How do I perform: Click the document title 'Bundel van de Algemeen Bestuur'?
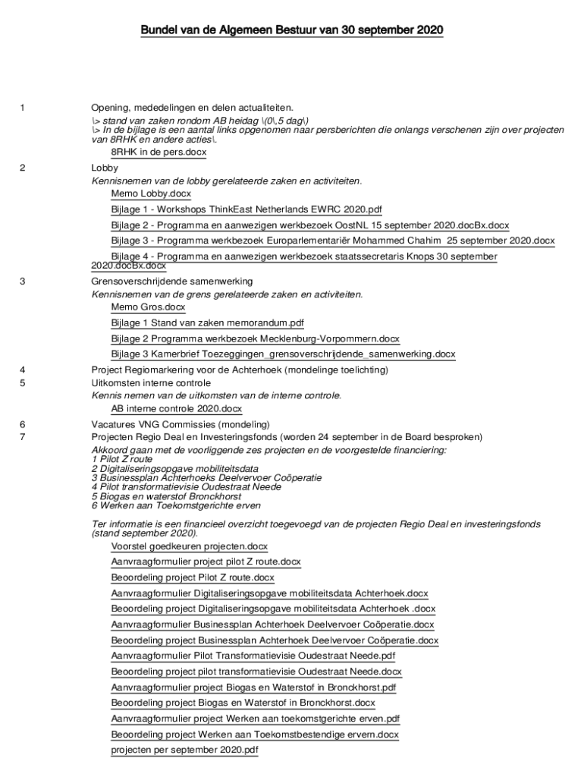(291, 30)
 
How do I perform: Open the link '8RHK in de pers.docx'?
(159, 152)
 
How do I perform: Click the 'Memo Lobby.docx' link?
(151, 194)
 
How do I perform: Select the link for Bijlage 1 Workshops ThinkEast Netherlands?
(246, 209)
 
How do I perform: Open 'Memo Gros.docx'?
(148, 307)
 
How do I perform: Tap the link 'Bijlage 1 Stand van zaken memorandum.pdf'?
(207, 323)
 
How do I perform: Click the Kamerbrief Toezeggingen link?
(283, 354)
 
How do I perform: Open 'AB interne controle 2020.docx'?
(177, 409)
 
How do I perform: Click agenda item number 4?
(23, 370)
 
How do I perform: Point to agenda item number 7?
(23, 437)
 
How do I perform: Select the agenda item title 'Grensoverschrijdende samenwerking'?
(172, 282)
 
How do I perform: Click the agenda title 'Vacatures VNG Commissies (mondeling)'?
(181, 424)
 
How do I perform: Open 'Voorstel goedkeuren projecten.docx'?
(189, 546)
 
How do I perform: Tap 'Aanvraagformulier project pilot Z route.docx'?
(206, 562)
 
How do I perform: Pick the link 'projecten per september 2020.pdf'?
(184, 750)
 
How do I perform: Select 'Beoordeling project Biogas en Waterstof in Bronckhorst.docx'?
(243, 703)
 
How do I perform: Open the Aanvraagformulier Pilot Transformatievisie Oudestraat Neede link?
(253, 656)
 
